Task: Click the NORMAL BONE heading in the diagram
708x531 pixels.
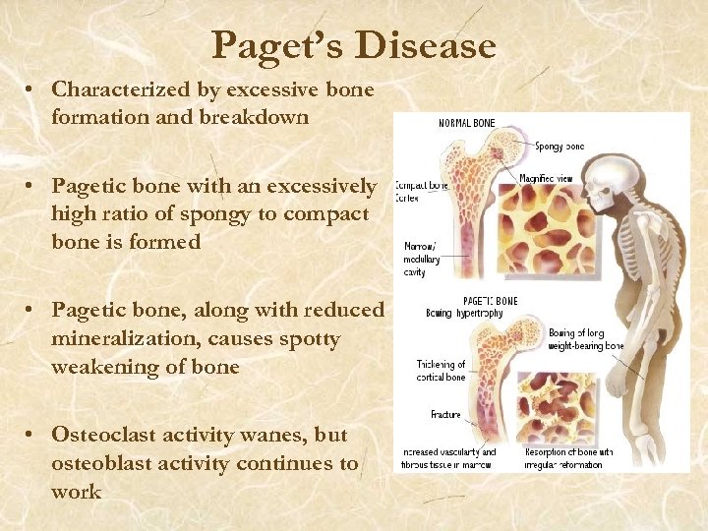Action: coord(467,124)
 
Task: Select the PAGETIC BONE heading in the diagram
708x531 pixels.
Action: coord(492,300)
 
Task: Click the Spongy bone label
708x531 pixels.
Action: coord(560,147)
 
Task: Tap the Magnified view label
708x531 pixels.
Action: coord(548,178)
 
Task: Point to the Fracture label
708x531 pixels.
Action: coord(445,415)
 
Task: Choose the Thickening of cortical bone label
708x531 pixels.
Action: coord(441,371)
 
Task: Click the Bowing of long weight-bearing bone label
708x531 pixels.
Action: coord(586,339)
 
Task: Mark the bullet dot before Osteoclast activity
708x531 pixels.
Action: coord(32,435)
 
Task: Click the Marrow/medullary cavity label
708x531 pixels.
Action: coord(420,258)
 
